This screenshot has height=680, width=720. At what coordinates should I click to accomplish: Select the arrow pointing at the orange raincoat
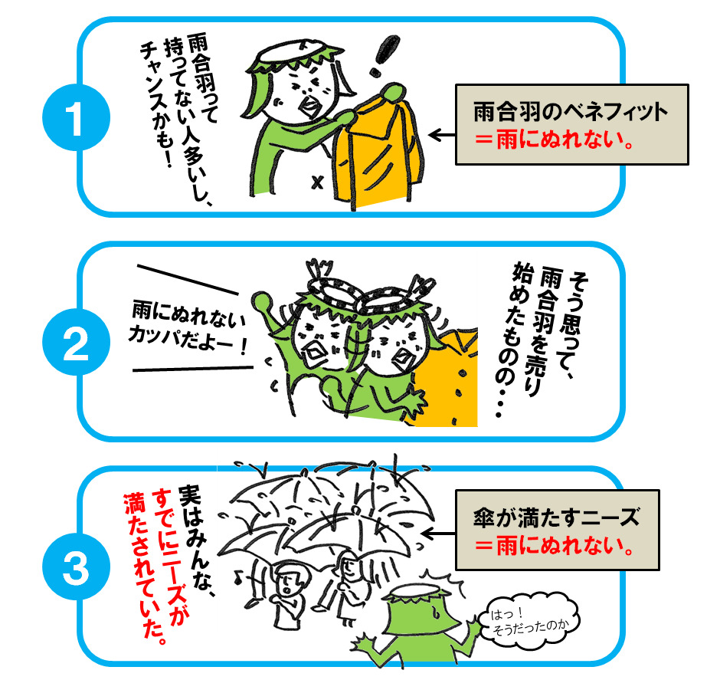440,135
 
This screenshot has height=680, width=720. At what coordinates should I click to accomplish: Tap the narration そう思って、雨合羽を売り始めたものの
536,337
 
